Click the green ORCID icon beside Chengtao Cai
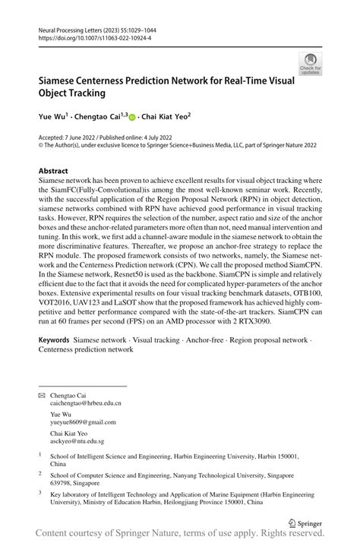pyautogui.click(x=131, y=118)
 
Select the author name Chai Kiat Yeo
pyautogui.click(x=163, y=118)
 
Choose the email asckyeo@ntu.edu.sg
pyautogui.click(x=77, y=441)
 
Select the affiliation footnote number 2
pyautogui.click(x=40, y=472)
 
